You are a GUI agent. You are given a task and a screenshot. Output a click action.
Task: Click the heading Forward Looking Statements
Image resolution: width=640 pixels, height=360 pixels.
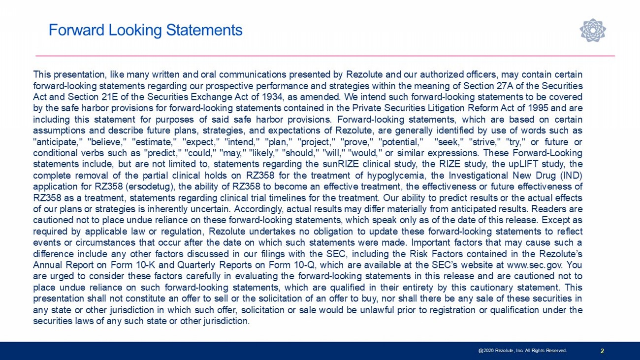145,31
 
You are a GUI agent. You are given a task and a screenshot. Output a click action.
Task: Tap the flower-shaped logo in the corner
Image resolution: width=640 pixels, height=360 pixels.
592,30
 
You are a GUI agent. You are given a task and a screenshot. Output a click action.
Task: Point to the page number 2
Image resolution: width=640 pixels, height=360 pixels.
603,351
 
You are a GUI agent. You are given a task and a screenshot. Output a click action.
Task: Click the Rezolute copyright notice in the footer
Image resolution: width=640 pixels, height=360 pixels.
522,351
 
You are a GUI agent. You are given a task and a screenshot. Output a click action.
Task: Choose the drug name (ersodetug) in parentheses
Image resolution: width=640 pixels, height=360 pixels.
150,187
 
